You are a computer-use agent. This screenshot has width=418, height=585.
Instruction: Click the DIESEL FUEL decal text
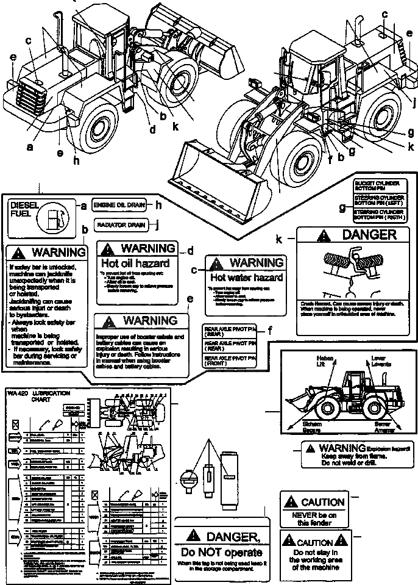(24, 211)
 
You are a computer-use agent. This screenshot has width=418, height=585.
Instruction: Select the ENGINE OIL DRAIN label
(121, 205)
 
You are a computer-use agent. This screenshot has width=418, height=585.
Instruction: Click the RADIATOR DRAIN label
(121, 225)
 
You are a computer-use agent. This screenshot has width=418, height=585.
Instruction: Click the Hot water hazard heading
(242, 278)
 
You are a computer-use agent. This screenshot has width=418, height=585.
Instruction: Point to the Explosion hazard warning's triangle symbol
(311, 448)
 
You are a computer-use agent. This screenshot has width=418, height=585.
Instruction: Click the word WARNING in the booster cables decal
(150, 320)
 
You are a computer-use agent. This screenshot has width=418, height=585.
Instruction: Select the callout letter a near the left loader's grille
(29, 146)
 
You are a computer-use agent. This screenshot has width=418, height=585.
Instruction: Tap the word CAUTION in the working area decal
(314, 542)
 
